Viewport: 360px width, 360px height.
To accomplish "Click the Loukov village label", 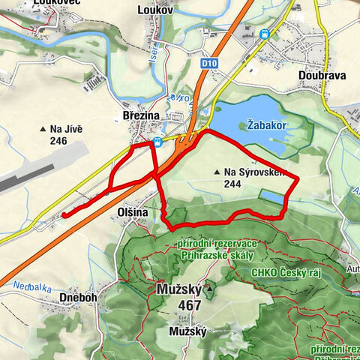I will [156, 10].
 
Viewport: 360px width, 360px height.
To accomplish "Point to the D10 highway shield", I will [207, 65].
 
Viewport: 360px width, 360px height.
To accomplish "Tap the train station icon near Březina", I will [157, 141].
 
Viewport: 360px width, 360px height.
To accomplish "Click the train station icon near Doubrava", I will [264, 34].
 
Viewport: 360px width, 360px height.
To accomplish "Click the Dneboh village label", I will [77, 297].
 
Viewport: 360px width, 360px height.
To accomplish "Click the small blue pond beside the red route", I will [271, 197].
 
